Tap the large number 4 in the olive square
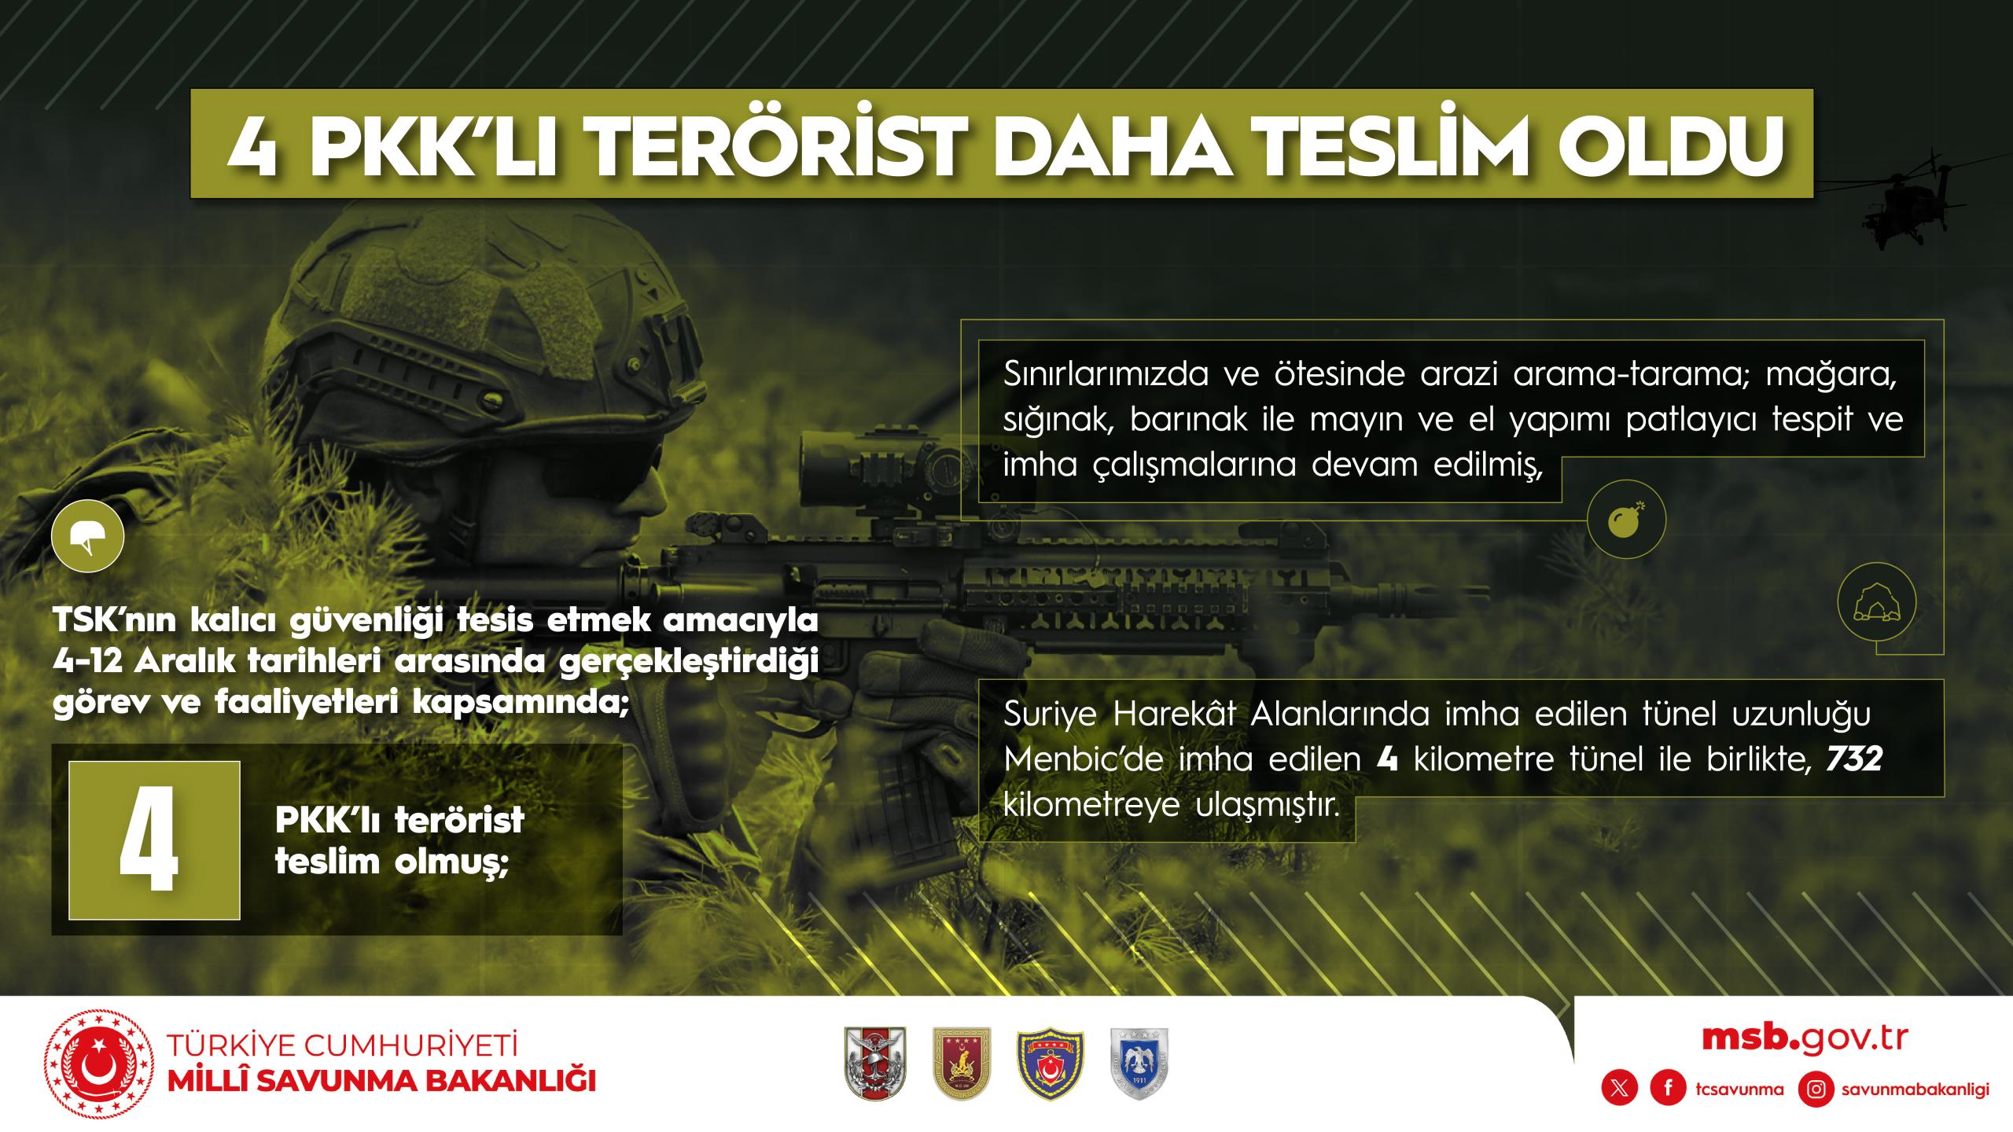tap(149, 840)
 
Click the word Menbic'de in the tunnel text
tap(1082, 761)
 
